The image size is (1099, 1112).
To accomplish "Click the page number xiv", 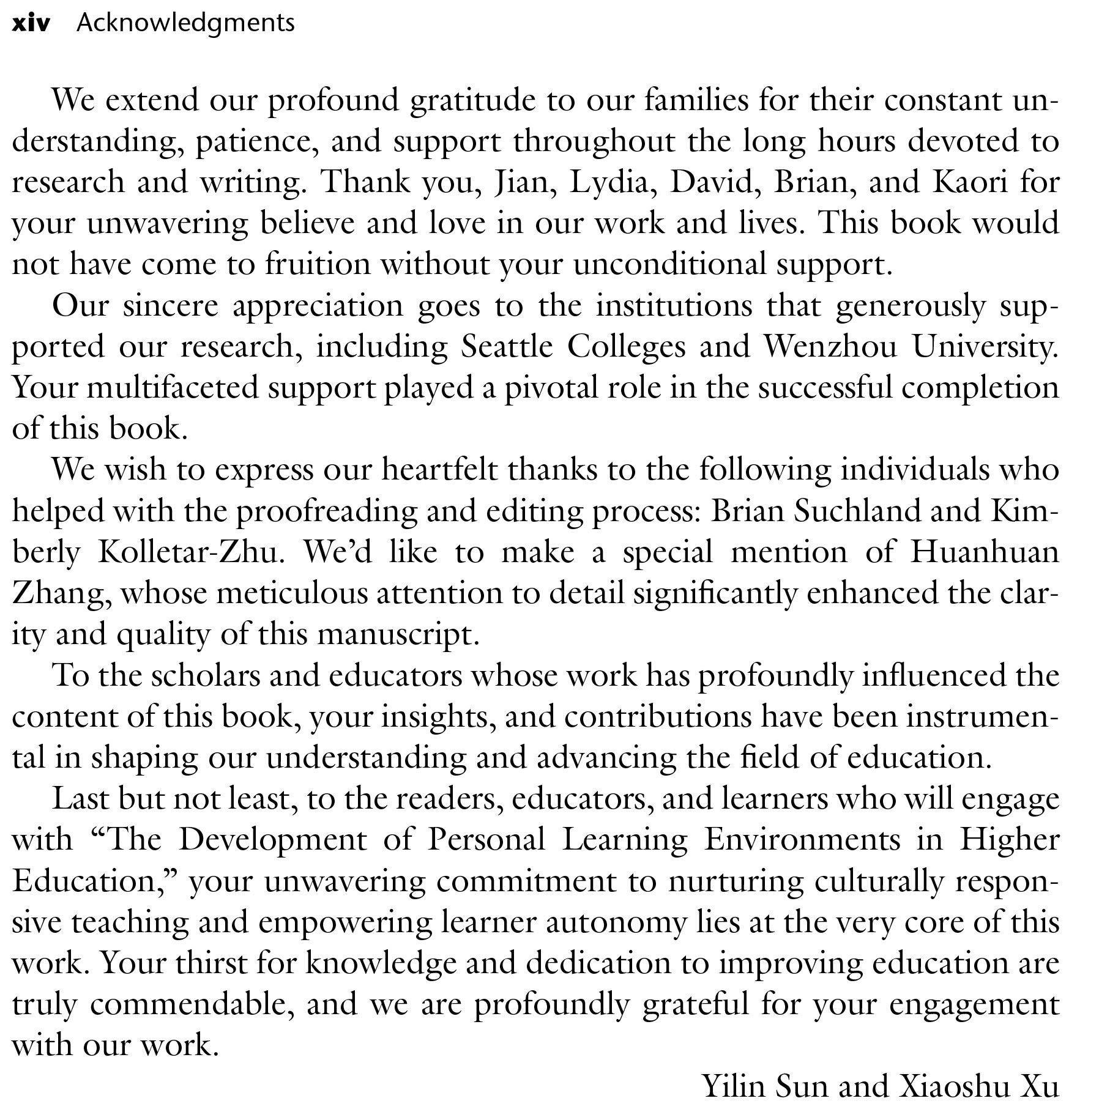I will click(x=31, y=24).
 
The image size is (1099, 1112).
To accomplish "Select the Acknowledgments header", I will click(x=185, y=24).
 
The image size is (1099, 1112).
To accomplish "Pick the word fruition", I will click(x=318, y=264).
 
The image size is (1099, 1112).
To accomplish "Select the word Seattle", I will click(x=507, y=347).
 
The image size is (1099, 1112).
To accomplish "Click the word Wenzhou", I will click(x=830, y=347).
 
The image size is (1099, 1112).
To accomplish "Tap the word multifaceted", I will click(x=173, y=388).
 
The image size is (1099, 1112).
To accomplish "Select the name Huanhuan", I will click(x=985, y=552).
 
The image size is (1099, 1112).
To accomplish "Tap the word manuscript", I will click(x=398, y=635).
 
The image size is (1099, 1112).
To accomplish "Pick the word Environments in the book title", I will click(x=802, y=840).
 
